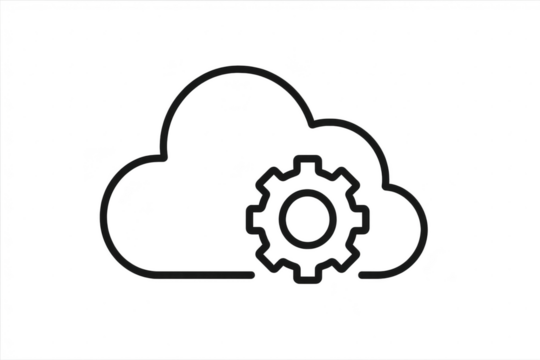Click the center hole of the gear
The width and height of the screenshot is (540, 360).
click(x=307, y=214)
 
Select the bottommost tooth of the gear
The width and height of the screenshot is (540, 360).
click(x=307, y=272)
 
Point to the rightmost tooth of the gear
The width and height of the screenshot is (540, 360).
click(x=364, y=214)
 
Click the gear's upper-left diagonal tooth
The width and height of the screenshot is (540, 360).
click(x=267, y=174)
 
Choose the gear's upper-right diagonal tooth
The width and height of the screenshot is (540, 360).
click(x=347, y=174)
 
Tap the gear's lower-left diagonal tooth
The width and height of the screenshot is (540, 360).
click(x=267, y=255)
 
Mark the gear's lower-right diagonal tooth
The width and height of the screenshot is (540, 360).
click(x=347, y=255)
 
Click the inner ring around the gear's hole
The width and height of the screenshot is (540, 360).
click(x=307, y=194)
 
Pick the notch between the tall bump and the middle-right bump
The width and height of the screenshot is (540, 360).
click(x=313, y=126)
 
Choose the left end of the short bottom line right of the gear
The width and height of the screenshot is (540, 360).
click(x=362, y=271)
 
